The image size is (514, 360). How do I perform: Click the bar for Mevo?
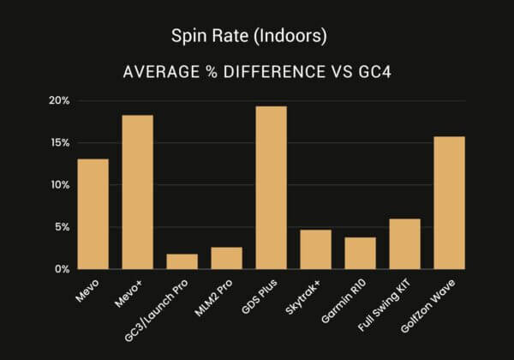93,214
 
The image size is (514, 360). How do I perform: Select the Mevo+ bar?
138,192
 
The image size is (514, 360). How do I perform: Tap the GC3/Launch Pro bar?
182,261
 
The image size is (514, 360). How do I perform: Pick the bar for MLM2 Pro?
227,258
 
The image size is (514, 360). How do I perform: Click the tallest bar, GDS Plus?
272,188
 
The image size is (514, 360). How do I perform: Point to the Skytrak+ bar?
316,249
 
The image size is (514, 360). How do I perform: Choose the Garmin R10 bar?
361,253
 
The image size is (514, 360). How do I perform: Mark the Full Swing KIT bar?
405,244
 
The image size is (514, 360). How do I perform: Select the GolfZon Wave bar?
450,203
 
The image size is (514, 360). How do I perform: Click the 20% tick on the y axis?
59,100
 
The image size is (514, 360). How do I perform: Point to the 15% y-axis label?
59,142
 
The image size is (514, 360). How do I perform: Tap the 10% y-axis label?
59,184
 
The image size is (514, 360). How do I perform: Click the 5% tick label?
62,227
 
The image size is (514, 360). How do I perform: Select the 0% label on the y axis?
62,269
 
